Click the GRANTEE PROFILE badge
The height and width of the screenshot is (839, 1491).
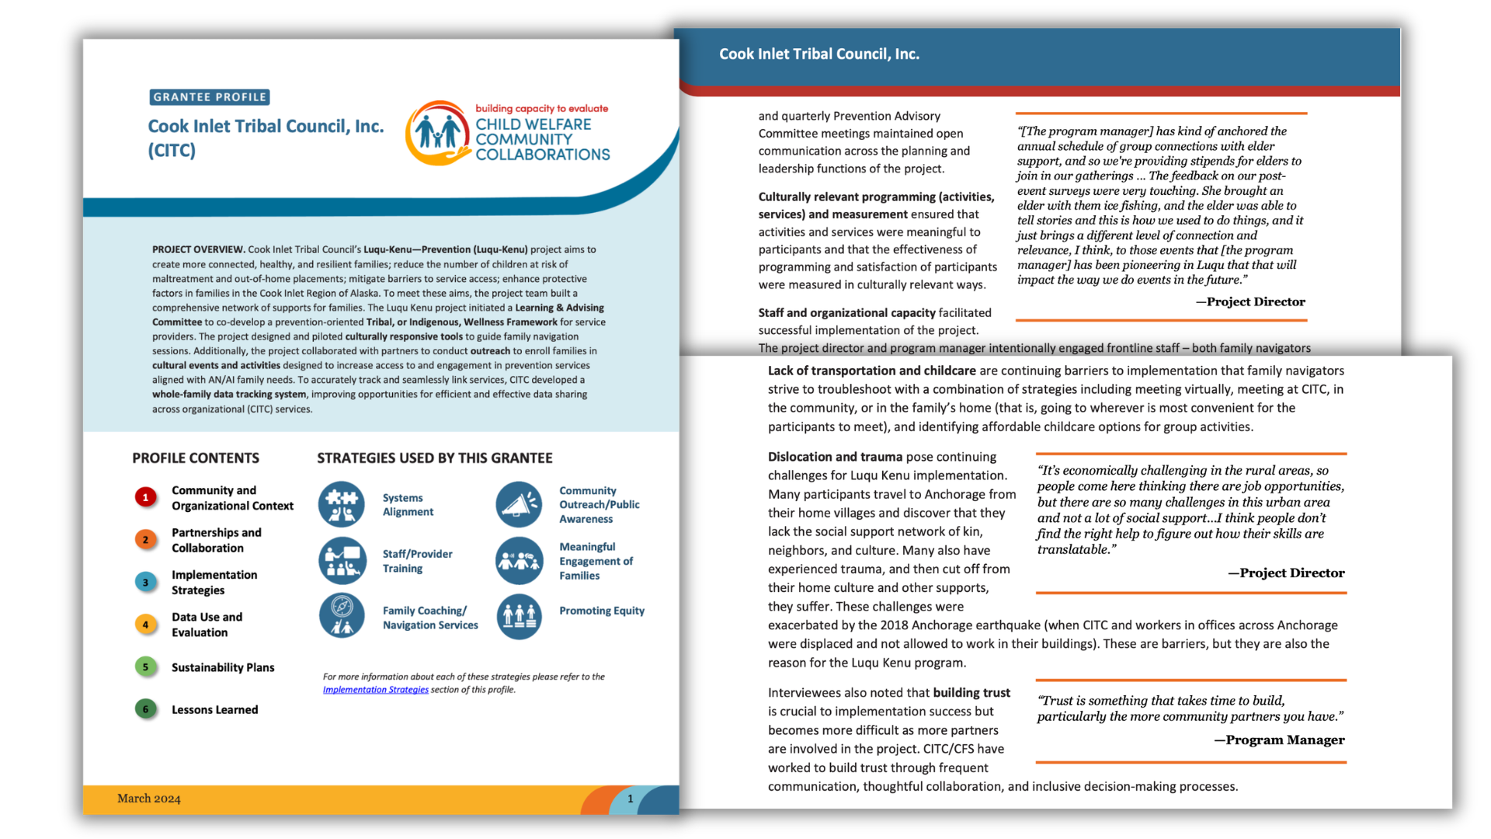(x=210, y=97)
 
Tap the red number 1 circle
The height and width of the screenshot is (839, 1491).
(x=145, y=497)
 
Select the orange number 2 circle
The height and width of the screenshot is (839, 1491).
(x=145, y=539)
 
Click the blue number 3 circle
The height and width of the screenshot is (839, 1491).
(x=145, y=582)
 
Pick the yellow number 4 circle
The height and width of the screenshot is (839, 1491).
(x=145, y=624)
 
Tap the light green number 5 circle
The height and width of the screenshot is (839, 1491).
(x=145, y=667)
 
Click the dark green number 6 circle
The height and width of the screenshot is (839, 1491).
(x=145, y=708)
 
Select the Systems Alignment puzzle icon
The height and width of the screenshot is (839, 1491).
(x=342, y=504)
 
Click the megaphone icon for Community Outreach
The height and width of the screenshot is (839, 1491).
(x=519, y=504)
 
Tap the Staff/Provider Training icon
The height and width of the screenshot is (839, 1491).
(x=342, y=561)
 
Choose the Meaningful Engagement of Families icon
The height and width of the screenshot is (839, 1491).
(x=519, y=561)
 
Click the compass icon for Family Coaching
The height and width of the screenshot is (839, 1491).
(x=342, y=617)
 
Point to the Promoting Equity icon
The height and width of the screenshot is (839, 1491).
(x=519, y=617)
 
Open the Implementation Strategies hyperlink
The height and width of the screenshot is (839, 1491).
(x=376, y=690)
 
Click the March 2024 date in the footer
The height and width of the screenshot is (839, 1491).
(x=149, y=799)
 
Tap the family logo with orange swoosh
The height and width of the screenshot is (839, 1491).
(x=438, y=133)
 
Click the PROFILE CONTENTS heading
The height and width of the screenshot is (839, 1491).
(x=196, y=458)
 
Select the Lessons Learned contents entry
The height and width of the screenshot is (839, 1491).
(x=215, y=709)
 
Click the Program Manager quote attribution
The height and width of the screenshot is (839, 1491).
(x=1280, y=740)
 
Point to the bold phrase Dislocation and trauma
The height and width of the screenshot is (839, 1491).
(x=835, y=457)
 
